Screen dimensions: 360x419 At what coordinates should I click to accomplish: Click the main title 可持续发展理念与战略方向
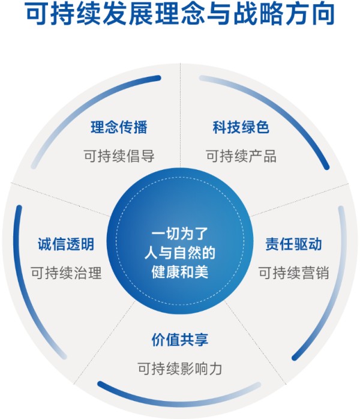[180, 14]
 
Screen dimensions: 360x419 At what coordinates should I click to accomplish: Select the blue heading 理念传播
[119, 127]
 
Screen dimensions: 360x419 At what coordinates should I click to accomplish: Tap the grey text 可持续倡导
[119, 156]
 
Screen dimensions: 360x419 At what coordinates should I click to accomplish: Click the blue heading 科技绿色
[241, 127]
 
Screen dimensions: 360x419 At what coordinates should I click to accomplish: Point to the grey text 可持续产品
[241, 156]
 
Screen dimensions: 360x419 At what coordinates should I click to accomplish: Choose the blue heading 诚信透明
[66, 244]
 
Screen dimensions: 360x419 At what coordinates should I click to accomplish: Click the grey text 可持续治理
[66, 273]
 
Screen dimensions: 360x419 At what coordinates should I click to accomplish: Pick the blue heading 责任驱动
[293, 244]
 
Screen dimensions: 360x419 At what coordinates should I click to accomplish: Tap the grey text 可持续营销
[293, 273]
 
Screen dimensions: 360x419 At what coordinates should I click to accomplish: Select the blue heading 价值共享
[180, 340]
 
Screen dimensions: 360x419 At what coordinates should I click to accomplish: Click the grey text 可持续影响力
[180, 369]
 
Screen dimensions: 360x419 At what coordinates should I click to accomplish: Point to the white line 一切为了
[180, 234]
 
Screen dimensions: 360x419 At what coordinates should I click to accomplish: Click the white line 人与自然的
[180, 253]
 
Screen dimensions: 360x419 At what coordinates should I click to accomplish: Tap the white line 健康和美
[180, 273]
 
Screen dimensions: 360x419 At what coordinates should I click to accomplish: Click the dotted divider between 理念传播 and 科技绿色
[180, 115]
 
